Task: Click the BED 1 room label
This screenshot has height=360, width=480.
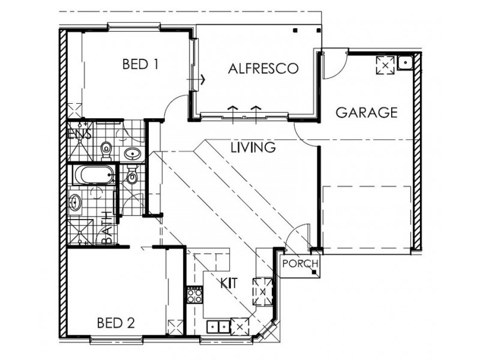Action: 140,64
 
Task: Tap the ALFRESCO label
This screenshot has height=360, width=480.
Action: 263,68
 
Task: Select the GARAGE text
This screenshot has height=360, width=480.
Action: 366,112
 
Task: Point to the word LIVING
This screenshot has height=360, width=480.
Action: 253,146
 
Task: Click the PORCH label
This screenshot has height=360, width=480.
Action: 298,263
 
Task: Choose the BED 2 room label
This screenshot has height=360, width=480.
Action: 115,323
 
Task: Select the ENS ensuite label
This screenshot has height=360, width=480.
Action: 79,134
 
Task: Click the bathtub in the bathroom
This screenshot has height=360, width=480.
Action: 94,176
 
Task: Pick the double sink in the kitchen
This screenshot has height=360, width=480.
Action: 218,326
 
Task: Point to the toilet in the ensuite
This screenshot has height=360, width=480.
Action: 106,146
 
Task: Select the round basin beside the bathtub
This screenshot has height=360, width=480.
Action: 75,203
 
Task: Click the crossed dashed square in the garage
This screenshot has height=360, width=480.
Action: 383,65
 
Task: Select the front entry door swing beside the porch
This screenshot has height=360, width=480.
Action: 298,237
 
